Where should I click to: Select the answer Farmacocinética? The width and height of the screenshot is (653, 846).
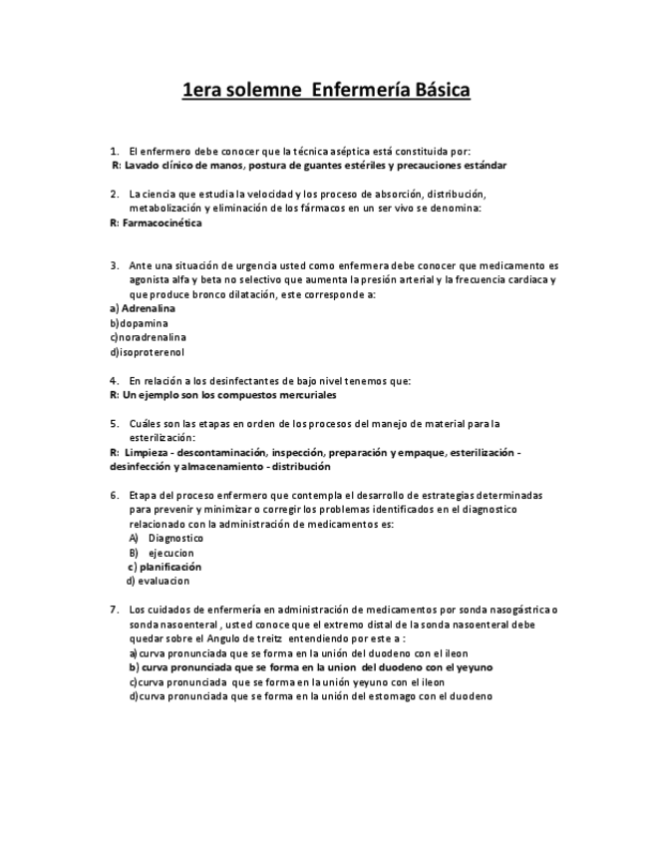[161, 222]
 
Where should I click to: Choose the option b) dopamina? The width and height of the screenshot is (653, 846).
[139, 323]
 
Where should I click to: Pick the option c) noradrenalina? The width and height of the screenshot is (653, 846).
[148, 337]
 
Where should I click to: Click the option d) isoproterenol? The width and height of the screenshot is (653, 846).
[147, 351]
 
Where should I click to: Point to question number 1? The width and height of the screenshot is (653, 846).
[115, 151]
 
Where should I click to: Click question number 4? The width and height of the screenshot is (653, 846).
[115, 380]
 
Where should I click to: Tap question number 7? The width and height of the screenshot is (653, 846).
[115, 610]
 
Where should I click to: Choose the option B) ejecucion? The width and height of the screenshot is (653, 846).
[162, 552]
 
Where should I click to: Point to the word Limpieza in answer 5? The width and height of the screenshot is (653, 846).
[148, 452]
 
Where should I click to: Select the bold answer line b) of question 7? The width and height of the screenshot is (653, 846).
[310, 667]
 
